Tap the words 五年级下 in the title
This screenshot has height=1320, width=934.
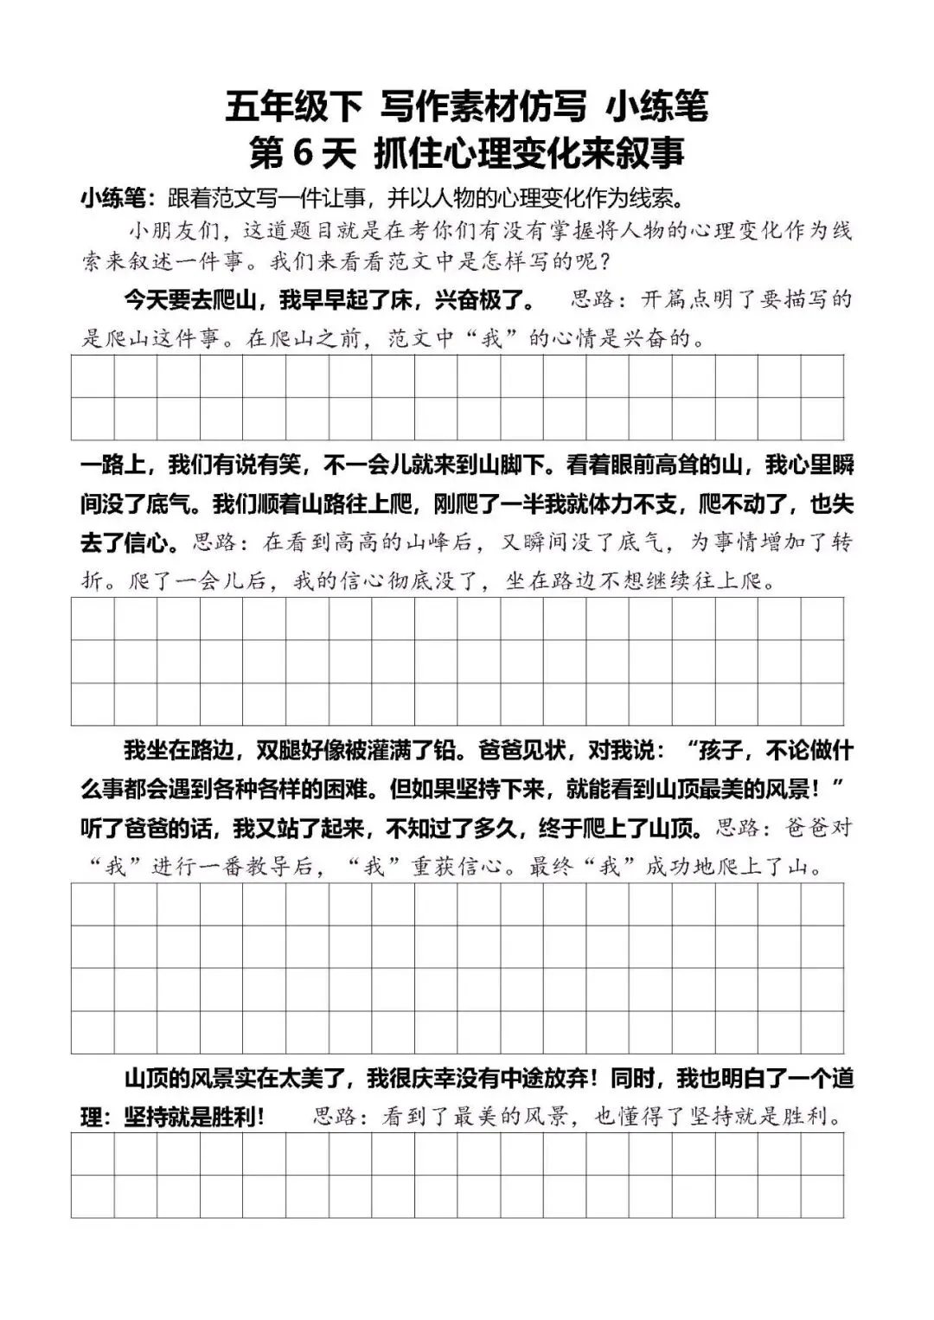click(x=293, y=107)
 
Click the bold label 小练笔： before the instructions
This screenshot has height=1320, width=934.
click(x=118, y=198)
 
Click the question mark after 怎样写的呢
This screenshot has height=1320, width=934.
click(x=604, y=260)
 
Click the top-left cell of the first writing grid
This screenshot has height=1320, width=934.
click(x=93, y=376)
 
